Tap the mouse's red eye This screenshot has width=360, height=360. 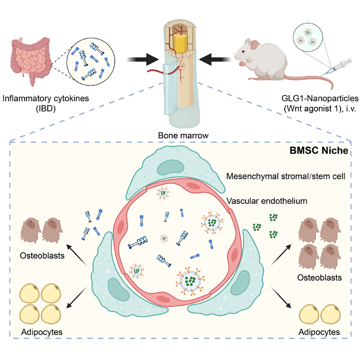tap(243, 51)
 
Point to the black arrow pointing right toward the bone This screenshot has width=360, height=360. tap(142, 60)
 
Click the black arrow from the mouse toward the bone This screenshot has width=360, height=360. tap(215, 60)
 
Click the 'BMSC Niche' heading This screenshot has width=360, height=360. tap(319, 150)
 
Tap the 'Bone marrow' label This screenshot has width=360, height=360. tap(183, 135)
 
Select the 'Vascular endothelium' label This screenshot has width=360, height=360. tap(267, 201)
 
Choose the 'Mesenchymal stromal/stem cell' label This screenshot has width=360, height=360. tap(286, 176)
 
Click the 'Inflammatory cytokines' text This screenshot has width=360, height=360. tap(46, 98)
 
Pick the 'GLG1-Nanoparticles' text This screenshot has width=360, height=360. tap(320, 98)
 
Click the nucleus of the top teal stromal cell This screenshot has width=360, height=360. tap(170, 167)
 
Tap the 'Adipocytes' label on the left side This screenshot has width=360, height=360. tap(42, 332)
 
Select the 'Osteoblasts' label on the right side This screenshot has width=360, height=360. tap(319, 278)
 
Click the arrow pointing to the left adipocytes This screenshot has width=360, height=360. tap(77, 298)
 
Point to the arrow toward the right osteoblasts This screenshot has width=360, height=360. tap(281, 255)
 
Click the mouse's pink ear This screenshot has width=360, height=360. tap(254, 45)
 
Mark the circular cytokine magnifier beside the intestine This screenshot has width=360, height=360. tap(91, 61)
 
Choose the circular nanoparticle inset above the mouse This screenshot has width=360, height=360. tap(307, 37)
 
